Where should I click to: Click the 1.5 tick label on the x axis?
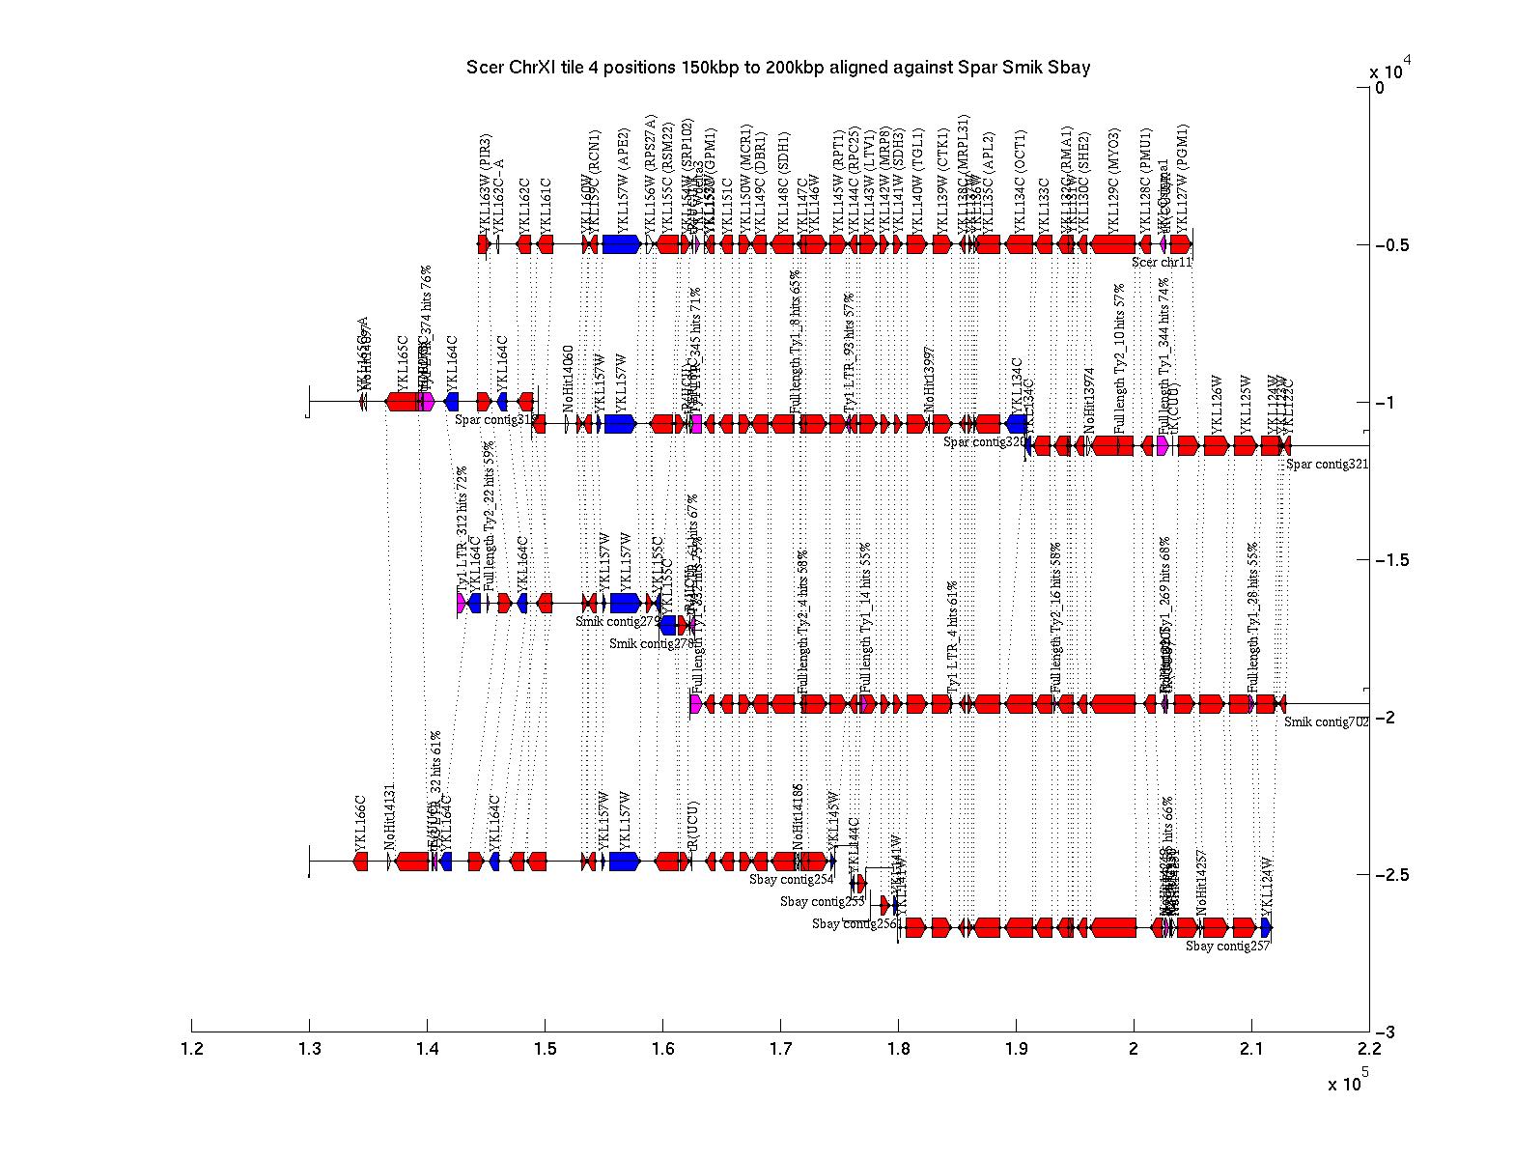pos(545,1049)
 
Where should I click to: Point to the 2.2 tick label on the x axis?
pos(1368,1049)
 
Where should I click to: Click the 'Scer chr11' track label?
pos(1162,262)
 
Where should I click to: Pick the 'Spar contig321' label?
pos(1327,465)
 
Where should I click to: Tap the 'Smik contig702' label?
pos(1326,721)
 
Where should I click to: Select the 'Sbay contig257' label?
pos(1227,947)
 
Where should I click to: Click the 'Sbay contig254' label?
pos(791,880)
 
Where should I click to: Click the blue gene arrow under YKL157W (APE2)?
pos(622,244)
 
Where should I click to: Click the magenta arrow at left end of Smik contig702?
pos(696,704)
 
